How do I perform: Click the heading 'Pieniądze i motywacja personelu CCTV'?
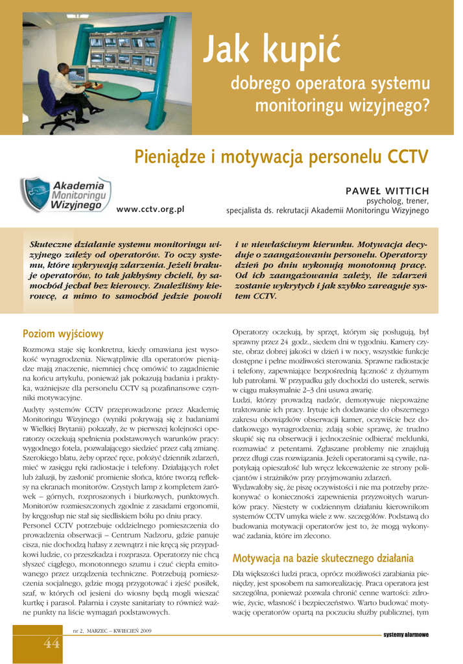[x=281, y=157]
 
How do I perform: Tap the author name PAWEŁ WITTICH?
[x=387, y=191]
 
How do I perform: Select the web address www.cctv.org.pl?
[x=150, y=209]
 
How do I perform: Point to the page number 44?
[x=52, y=643]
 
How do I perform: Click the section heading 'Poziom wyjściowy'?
[x=63, y=334]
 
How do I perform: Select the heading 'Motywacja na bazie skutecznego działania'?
[x=323, y=558]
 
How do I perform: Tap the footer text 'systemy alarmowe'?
[x=406, y=634]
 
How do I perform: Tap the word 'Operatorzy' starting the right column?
[x=250, y=332]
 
